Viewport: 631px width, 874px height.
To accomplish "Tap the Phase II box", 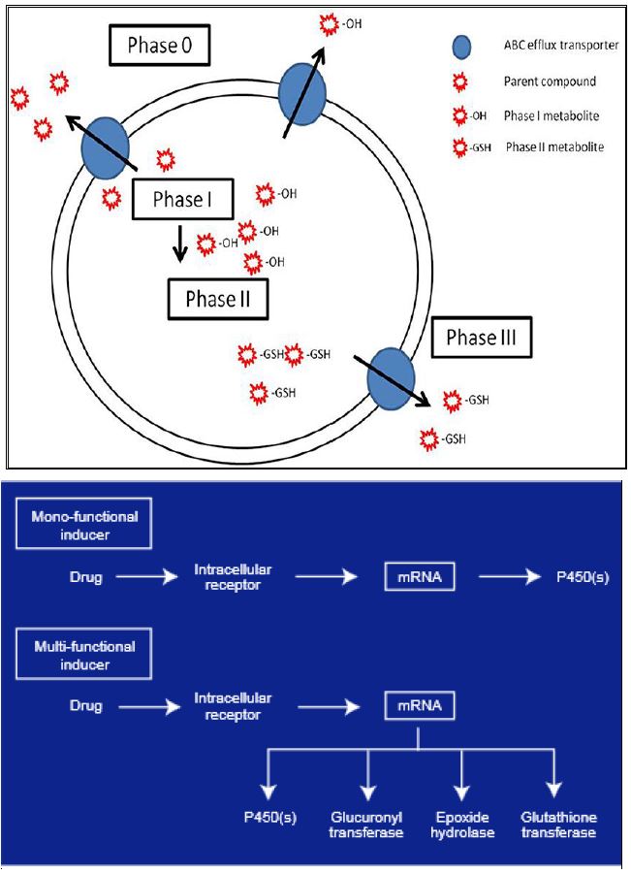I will click(x=217, y=299).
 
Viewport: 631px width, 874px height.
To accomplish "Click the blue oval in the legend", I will click(x=462, y=47).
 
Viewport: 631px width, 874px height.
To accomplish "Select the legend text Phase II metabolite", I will click(x=554, y=147).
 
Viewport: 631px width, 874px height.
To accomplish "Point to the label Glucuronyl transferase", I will click(x=366, y=825).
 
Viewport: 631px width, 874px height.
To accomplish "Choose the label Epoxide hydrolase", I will click(x=462, y=825).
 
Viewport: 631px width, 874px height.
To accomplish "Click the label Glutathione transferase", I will click(x=557, y=825).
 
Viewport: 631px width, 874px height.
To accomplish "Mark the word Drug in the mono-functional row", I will click(x=85, y=577).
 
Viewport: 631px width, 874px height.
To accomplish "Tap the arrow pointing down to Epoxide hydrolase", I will click(x=462, y=775).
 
